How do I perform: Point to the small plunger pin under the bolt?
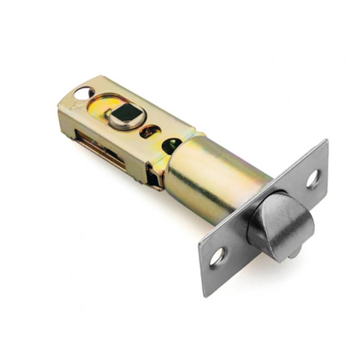[293, 254]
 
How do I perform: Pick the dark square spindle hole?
[125, 113]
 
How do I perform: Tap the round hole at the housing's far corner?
[84, 94]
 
